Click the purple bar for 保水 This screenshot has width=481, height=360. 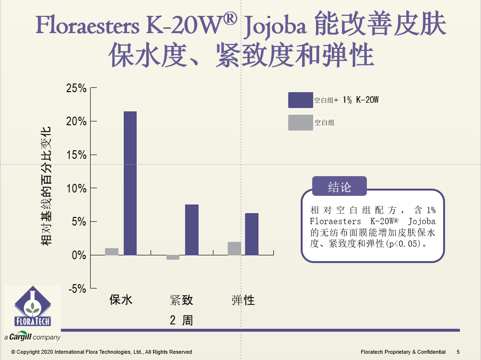tap(130, 183)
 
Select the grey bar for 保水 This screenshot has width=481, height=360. tap(112, 252)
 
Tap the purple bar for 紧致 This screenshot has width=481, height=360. tap(191, 229)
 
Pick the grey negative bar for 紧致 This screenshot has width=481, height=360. tap(173, 257)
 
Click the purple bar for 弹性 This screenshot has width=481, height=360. tap(252, 234)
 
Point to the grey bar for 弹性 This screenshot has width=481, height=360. tap(235, 248)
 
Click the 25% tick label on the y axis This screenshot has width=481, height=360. tap(76, 88)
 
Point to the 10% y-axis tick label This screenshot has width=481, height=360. tap(76, 188)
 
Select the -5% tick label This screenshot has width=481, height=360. tap(77, 288)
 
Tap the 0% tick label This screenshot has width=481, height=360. tap(79, 255)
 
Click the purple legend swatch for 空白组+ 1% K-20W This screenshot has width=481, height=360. tap(300, 100)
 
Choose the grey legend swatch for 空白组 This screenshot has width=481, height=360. tap(300, 123)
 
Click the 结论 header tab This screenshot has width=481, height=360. tap(339, 187)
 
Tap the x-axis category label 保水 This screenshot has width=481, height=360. tap(121, 300)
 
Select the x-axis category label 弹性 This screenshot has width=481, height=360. tap(243, 300)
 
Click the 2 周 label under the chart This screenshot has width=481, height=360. tap(181, 320)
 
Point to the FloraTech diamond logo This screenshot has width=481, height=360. tap(33, 307)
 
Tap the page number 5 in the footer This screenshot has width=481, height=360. tap(458, 352)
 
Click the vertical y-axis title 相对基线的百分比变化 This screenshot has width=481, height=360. tap(46, 186)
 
